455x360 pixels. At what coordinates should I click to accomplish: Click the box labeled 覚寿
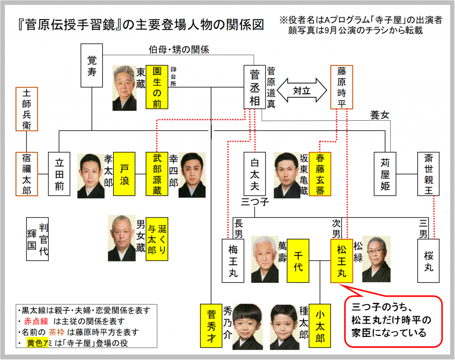coord(92,65)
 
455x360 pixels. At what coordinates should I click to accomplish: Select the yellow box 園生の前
coord(157,87)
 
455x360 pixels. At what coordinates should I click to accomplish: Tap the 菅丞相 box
coord(255,87)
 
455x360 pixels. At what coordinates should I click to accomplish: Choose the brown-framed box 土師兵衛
coord(27,109)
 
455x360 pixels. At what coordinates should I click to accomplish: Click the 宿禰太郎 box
coord(27,174)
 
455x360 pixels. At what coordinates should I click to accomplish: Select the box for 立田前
coord(59,174)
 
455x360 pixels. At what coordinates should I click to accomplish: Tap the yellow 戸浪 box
coord(124,174)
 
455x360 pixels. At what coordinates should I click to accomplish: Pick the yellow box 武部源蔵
coord(157,174)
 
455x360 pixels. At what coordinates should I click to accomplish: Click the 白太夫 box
coord(255,174)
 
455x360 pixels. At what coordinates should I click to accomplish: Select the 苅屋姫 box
coord(385,174)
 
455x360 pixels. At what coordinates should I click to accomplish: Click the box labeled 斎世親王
coord(428,174)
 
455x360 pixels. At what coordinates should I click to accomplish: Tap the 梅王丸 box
coord(233,261)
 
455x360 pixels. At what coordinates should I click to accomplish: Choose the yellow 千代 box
coord(298,261)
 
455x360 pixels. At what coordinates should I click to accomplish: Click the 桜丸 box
coord(428,261)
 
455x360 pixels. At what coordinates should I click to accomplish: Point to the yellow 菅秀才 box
coord(211,325)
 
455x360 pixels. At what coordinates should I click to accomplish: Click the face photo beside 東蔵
coord(124,88)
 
